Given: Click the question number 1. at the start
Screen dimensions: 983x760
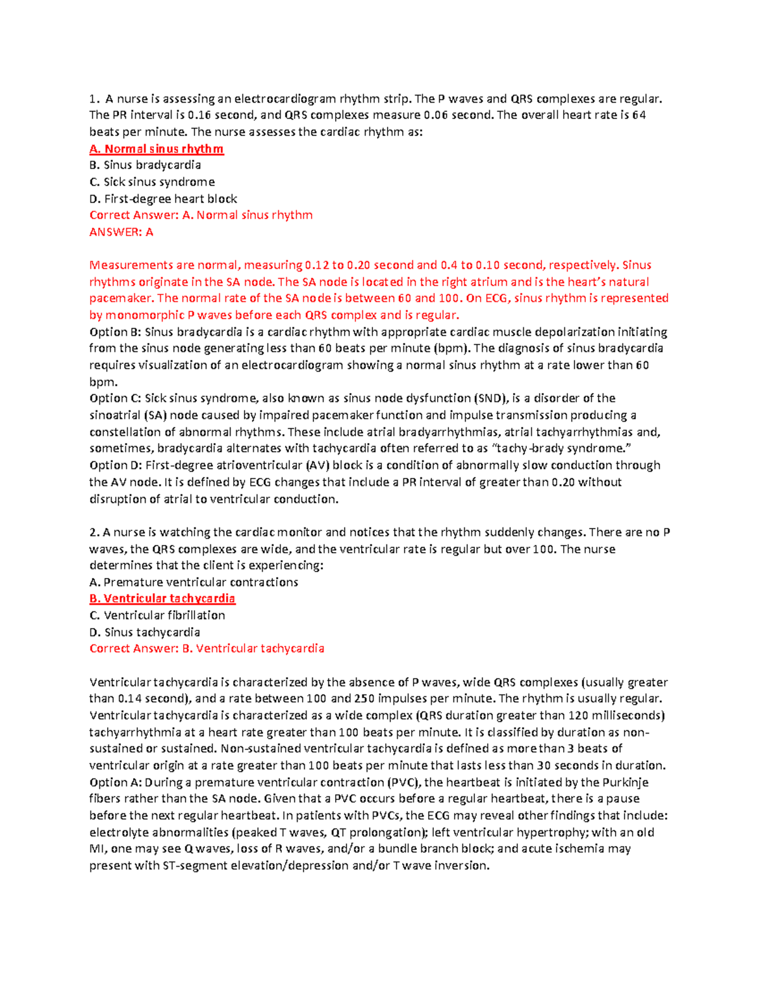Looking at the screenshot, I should coord(94,99).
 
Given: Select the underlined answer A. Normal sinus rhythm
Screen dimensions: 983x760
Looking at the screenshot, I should coord(156,149).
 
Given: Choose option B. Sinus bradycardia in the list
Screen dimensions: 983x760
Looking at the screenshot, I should coord(145,165).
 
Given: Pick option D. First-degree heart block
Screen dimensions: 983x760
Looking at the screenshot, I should coord(163,199).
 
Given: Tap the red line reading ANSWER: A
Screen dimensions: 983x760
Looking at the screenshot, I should coord(121,232).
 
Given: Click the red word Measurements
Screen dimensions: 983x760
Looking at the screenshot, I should coord(131,265).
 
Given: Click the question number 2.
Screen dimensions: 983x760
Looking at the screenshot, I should coord(94,532).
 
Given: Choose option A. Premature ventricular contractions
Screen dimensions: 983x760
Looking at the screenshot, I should coord(193,582).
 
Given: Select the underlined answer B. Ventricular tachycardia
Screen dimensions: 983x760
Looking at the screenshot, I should coord(162,599).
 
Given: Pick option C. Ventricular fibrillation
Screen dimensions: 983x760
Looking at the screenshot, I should coord(157,615).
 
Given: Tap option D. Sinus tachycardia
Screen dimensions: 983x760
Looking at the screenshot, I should coord(144,632).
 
